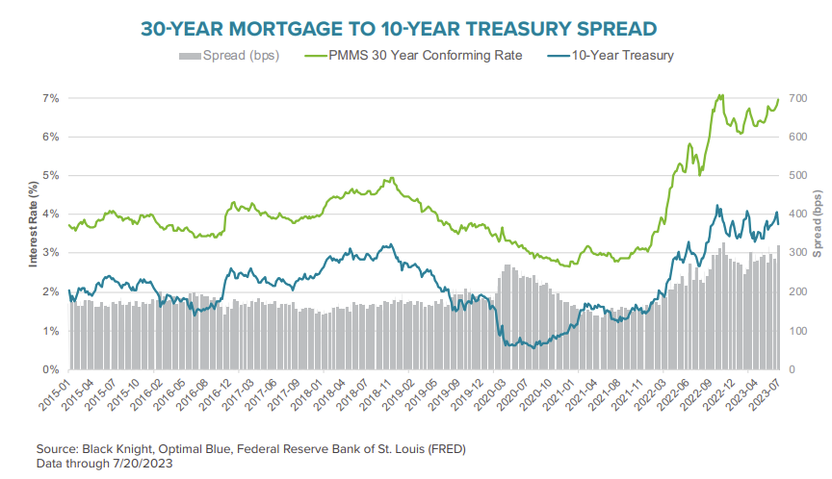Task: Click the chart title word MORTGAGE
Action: pyautogui.click(x=288, y=29)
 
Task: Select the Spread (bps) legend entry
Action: pyautogui.click(x=228, y=56)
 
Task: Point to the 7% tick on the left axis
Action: pyautogui.click(x=50, y=98)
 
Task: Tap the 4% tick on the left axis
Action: pyautogui.click(x=50, y=214)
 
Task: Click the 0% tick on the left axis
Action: pyautogui.click(x=50, y=370)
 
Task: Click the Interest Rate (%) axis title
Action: pyautogui.click(x=32, y=234)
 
